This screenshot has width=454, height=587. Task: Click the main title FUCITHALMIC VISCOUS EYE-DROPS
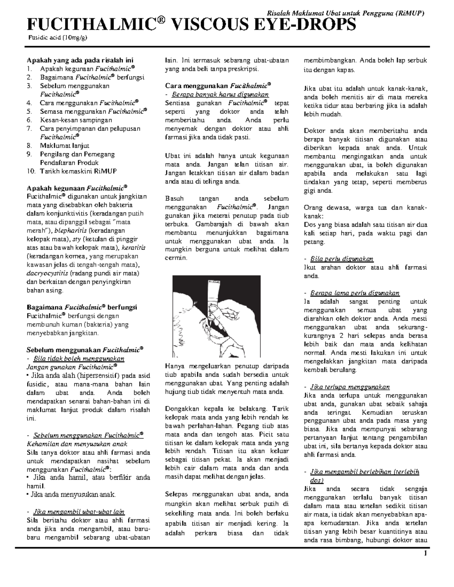coord(191,26)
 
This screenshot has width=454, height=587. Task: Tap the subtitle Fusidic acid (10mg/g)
coord(58,37)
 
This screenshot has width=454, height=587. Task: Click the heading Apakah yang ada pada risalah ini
coord(79,60)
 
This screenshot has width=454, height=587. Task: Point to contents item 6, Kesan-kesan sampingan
coord(76,120)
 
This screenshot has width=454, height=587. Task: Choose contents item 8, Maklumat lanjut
coord(64,146)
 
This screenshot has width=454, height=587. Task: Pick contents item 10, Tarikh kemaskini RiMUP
coord(78,171)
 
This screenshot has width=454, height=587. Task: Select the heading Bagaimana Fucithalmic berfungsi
coord(82,307)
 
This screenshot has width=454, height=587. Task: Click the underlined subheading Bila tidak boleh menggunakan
coord(79,358)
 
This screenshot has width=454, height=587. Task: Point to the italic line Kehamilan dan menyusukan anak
coord(77,444)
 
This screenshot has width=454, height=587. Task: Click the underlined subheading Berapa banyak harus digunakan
coord(220,94)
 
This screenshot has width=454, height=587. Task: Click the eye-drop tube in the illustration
coord(211,299)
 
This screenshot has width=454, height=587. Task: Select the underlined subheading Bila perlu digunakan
coord(341,259)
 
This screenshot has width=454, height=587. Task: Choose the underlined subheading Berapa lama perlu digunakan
coord(354,293)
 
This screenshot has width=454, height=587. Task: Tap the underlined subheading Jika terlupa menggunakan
coord(350,387)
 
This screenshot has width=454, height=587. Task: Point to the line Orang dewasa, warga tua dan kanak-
coord(365,208)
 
